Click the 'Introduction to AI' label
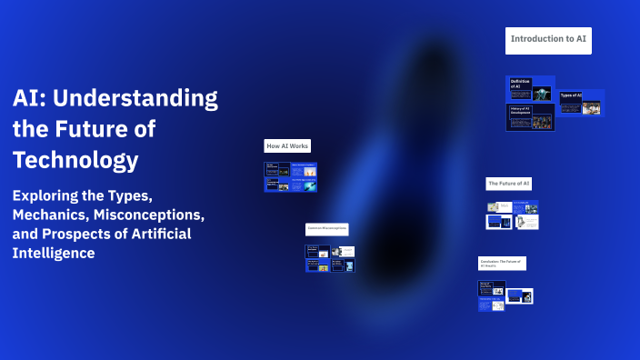(548, 40)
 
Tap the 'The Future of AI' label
(508, 184)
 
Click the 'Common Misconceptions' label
(326, 229)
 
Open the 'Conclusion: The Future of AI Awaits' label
(502, 264)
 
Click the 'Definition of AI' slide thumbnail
(530, 89)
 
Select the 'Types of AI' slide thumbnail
(580, 103)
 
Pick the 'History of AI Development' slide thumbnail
(530, 116)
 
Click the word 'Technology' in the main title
(75, 161)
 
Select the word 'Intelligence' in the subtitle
(54, 254)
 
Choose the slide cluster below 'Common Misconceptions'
(329, 257)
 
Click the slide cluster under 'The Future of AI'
(513, 215)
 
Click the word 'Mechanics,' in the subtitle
(54, 215)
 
